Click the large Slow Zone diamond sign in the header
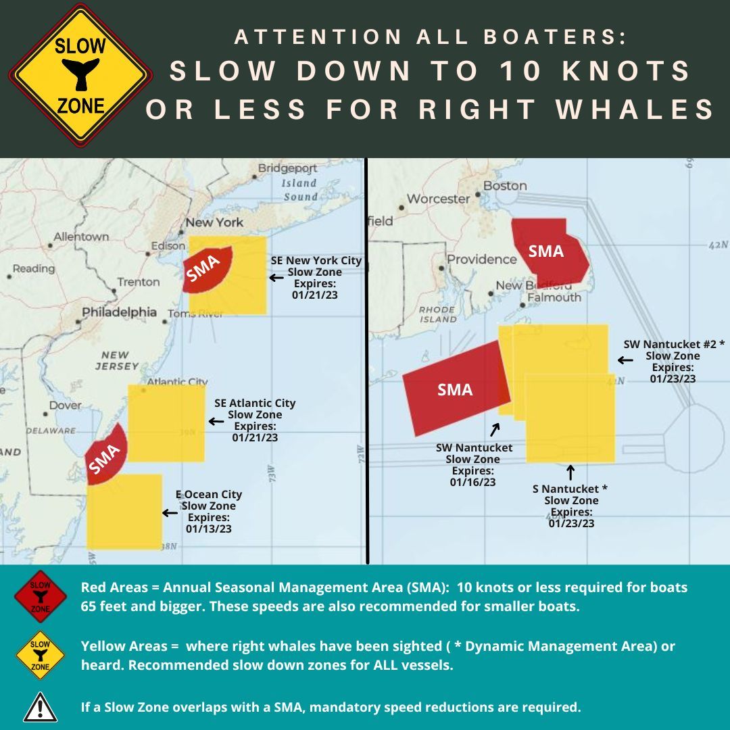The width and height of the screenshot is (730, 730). pyautogui.click(x=80, y=76)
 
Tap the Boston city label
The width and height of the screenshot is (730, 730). pyautogui.click(x=505, y=185)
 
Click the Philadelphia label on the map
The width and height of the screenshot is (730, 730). pyautogui.click(x=120, y=312)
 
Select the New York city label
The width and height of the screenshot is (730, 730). pyautogui.click(x=214, y=222)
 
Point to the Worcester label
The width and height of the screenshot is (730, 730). pyautogui.click(x=438, y=199)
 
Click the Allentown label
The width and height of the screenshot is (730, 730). pyautogui.click(x=81, y=237)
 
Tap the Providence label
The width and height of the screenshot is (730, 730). pyautogui.click(x=482, y=260)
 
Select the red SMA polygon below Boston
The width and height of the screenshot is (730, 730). pyautogui.click(x=548, y=251)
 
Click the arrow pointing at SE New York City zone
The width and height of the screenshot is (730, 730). pyautogui.click(x=276, y=277)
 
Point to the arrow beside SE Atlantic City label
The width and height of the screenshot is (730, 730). pyautogui.click(x=216, y=421)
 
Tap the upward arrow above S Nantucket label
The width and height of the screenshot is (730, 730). pyautogui.click(x=570, y=470)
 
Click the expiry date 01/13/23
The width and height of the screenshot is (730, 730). pyautogui.click(x=209, y=529)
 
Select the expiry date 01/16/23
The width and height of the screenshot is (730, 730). pyautogui.click(x=473, y=482)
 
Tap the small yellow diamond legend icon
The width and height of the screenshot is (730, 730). pyautogui.click(x=41, y=654)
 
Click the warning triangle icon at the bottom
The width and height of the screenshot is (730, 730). pyautogui.click(x=41, y=707)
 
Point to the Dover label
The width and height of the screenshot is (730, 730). pyautogui.click(x=66, y=406)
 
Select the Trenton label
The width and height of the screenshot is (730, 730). pyautogui.click(x=139, y=282)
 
